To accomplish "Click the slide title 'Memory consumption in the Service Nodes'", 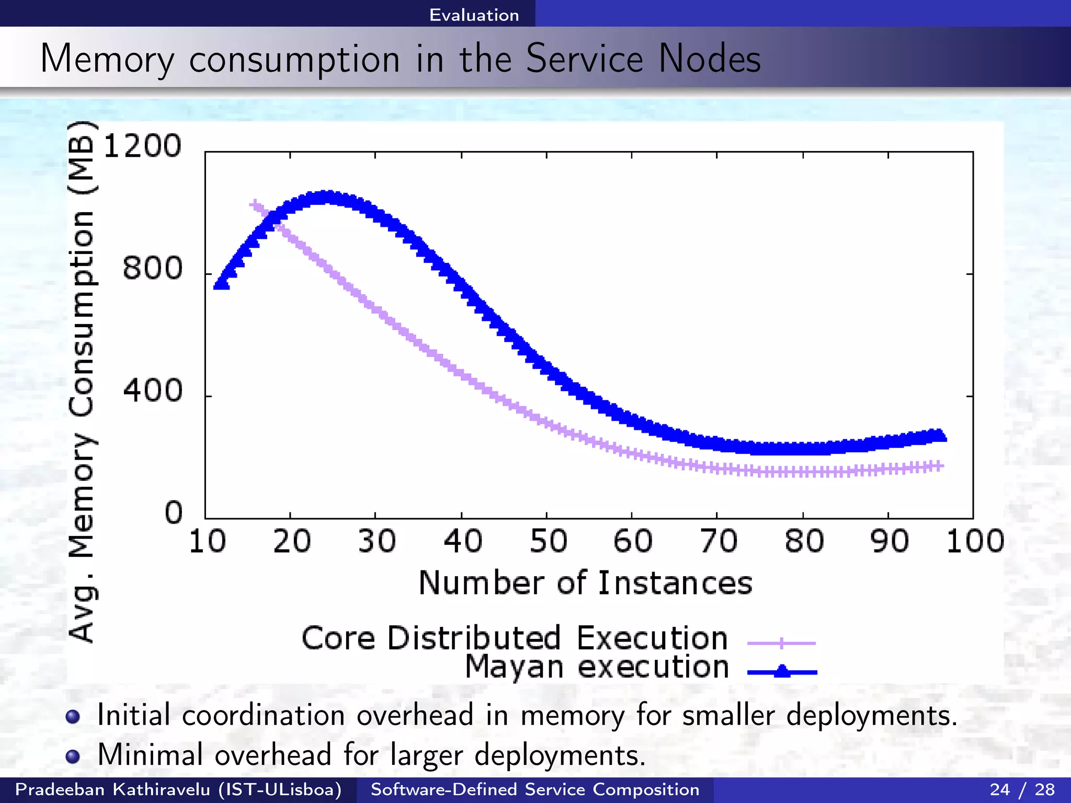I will (400, 59).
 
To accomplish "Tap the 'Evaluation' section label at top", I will (474, 15).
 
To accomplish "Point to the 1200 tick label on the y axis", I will (143, 146).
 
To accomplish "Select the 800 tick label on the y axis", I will (152, 268).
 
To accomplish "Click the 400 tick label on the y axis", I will (152, 391).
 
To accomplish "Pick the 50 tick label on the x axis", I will (548, 542).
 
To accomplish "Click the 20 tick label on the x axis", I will (291, 542).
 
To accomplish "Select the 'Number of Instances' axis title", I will (585, 583).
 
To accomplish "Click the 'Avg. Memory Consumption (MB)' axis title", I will (83, 382).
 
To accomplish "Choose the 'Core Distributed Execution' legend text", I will (515, 638).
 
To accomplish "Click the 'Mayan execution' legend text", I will (597, 668).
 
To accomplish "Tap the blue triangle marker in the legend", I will (782, 671).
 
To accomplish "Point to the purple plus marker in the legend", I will (781, 643).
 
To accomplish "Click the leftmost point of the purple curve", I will (254, 204).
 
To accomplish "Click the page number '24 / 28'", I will (1022, 789).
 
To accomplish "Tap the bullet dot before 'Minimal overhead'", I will (73, 756).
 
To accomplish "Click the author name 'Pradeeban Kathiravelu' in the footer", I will (112, 789).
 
